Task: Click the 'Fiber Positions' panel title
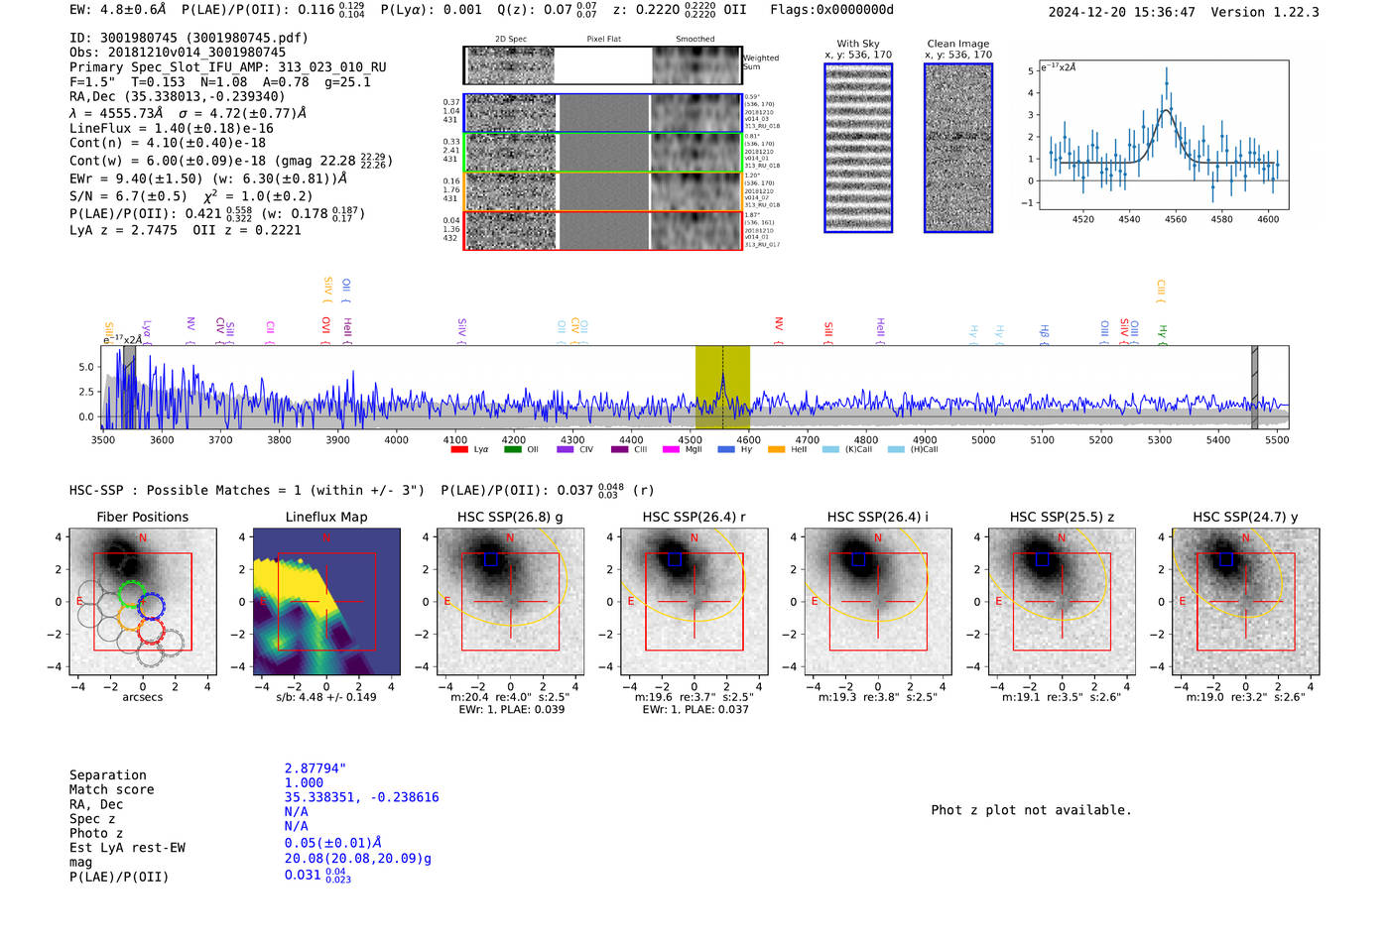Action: coord(142,517)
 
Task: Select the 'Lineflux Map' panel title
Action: coord(325,517)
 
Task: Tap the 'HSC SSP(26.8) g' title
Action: coord(510,517)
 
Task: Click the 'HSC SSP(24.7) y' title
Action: coord(1245,517)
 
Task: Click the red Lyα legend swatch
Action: coord(459,449)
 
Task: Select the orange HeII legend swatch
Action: coord(776,449)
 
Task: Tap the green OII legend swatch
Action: coord(513,449)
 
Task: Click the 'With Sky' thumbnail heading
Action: coord(858,44)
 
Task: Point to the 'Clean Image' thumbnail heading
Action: coord(958,44)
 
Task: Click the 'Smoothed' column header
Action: coord(694,40)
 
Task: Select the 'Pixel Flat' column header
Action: coord(603,40)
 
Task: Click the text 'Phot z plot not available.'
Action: coord(1031,810)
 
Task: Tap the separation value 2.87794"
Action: coord(315,768)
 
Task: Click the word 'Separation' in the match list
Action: coord(107,775)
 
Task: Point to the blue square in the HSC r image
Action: coord(676,559)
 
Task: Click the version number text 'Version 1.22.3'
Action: coord(1265,12)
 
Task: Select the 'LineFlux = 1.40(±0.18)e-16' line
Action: coord(171,128)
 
